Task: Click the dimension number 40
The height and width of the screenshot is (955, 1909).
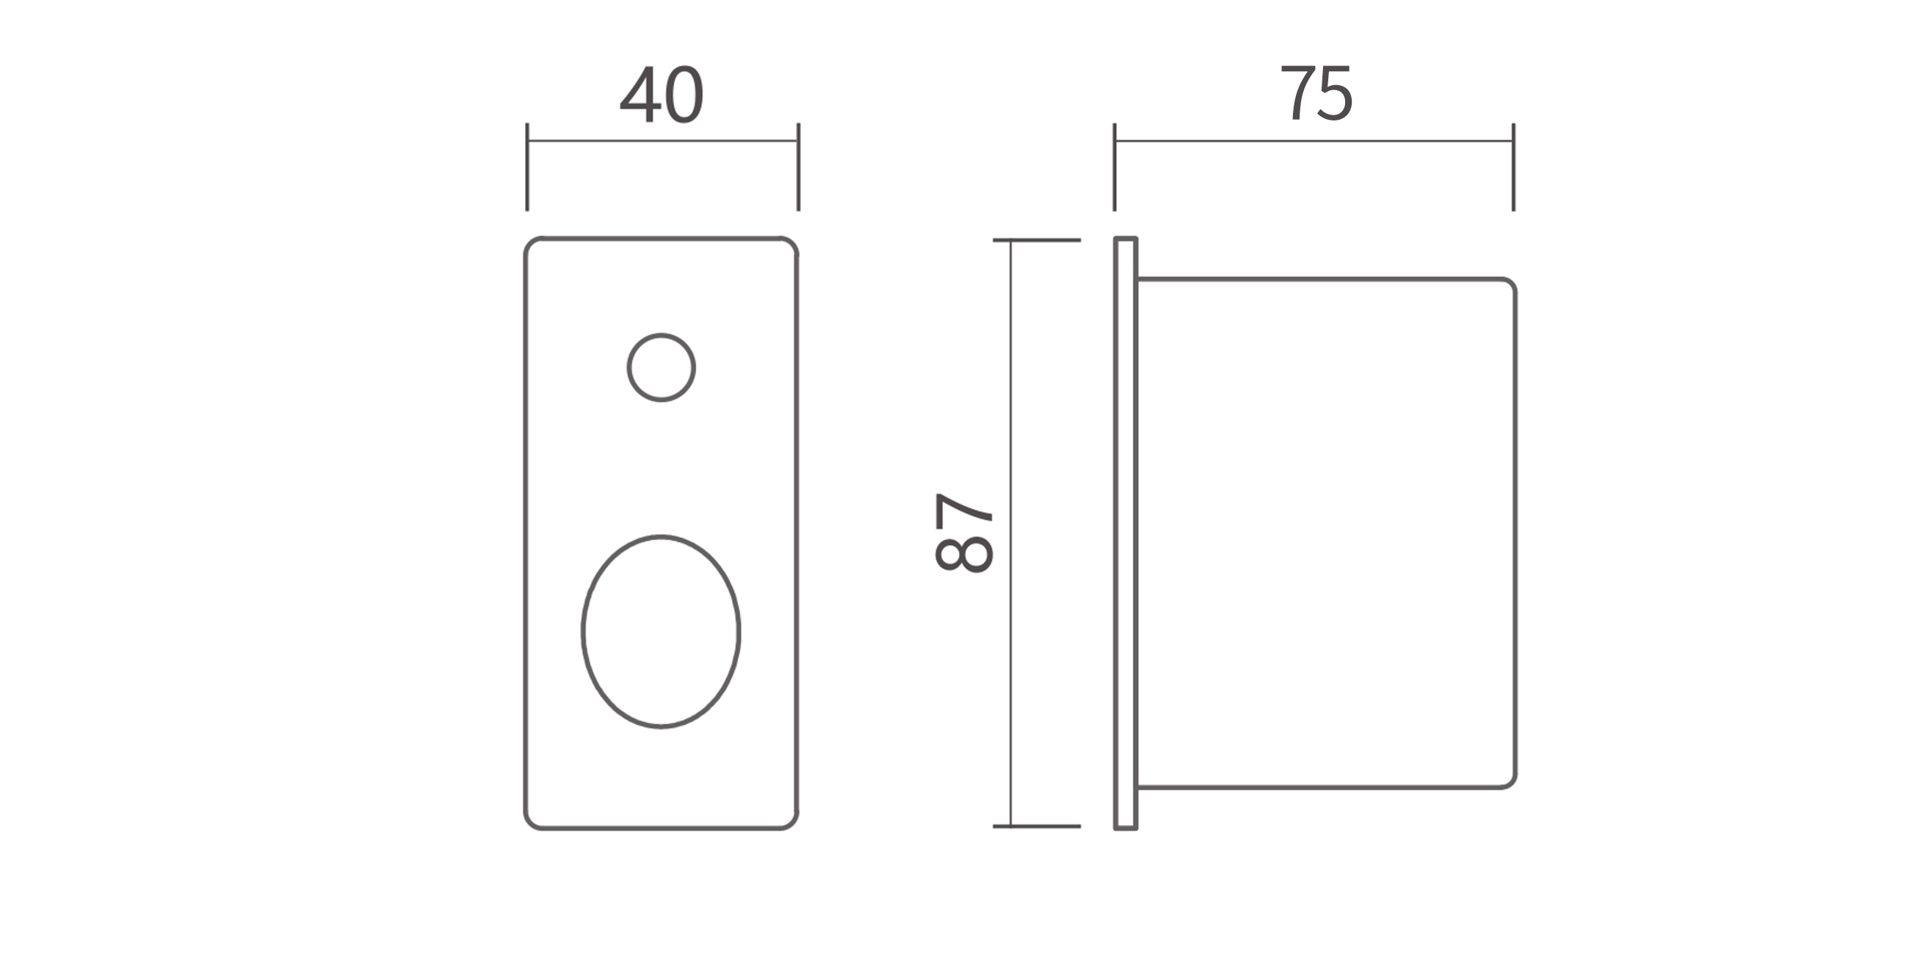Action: coord(661,94)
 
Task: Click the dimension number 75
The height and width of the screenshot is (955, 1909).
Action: coord(1317,93)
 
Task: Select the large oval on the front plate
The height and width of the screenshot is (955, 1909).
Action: coord(582,631)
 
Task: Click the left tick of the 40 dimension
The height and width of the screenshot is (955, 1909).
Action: coord(527,167)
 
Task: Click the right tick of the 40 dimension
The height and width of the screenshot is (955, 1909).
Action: coord(798,167)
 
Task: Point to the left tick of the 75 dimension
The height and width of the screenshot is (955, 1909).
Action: coord(1115,167)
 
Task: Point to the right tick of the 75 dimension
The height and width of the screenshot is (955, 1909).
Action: coord(1513,167)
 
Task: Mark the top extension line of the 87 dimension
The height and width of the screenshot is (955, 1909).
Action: coord(1037,240)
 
